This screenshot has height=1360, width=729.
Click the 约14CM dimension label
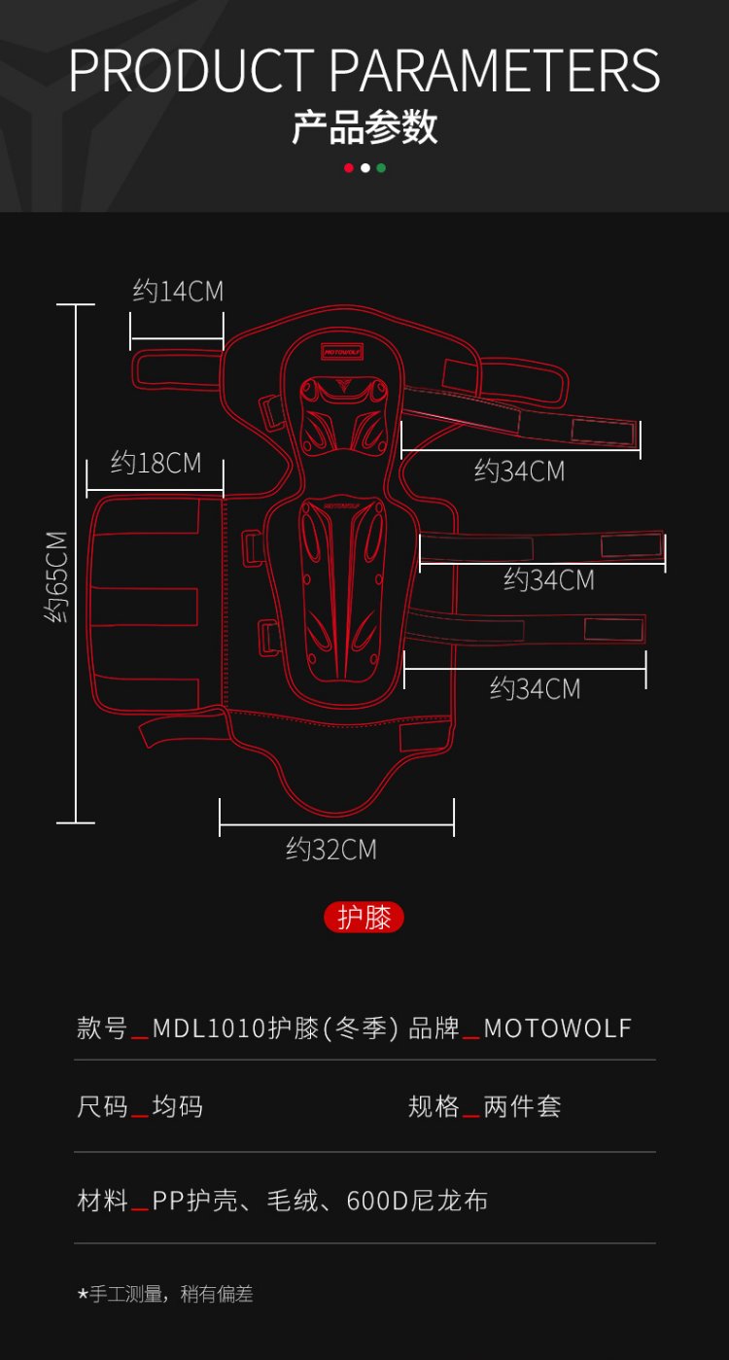click(x=178, y=291)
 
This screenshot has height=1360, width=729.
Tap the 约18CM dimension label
click(x=156, y=463)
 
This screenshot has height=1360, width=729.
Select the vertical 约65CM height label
click(x=57, y=576)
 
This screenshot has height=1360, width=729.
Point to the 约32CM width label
click(x=330, y=850)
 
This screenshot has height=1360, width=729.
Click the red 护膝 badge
click(x=364, y=918)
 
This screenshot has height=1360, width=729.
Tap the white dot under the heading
click(x=364, y=168)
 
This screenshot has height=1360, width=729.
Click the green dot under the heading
click(x=381, y=168)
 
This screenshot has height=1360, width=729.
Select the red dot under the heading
click(x=348, y=168)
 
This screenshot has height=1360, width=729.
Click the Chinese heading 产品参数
click(x=364, y=127)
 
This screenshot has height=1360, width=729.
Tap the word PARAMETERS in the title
click(x=495, y=70)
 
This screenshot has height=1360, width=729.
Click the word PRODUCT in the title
click(x=191, y=70)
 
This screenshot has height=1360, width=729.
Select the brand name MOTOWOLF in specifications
click(x=558, y=1029)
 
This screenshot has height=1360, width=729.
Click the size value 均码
click(x=178, y=1106)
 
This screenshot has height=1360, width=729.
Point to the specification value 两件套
click(x=522, y=1106)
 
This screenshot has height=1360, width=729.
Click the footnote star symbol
click(x=83, y=1295)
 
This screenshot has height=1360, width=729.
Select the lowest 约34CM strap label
click(x=535, y=689)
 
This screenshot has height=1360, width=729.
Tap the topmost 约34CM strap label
click(x=519, y=471)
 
